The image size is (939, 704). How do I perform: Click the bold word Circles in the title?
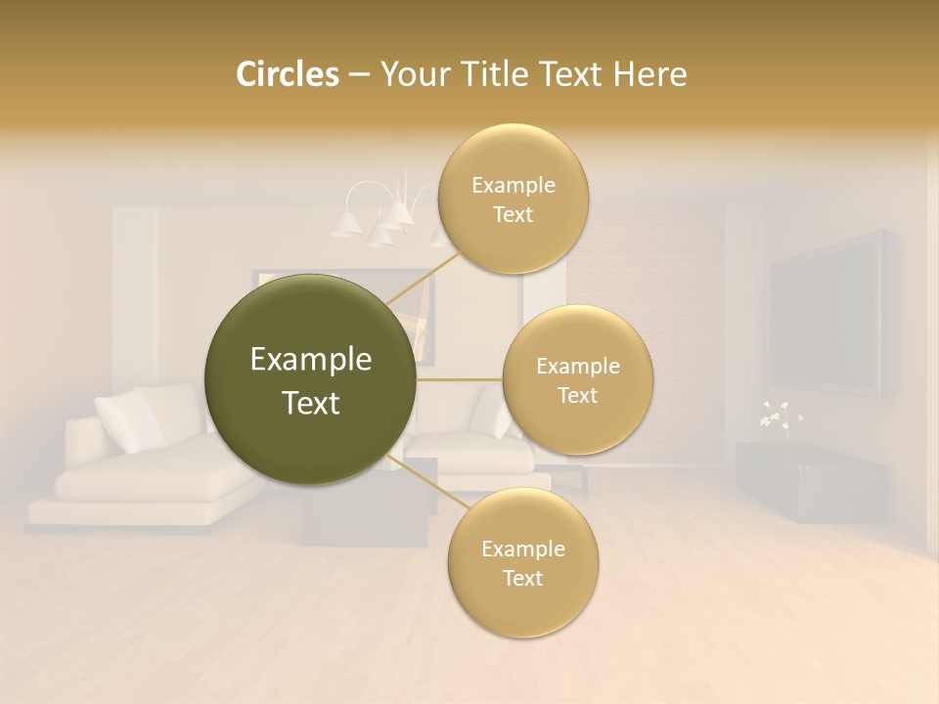tap(287, 74)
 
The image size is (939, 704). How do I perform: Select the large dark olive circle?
tap(310, 379)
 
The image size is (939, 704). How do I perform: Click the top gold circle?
tap(513, 198)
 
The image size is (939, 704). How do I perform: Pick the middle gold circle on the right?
tap(577, 379)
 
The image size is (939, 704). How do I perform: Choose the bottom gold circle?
tap(522, 562)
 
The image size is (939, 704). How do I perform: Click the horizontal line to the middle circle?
tap(460, 379)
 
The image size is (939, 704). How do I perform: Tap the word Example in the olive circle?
tap(310, 360)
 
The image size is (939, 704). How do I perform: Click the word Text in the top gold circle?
tap(513, 214)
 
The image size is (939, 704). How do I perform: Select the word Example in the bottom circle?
tap(522, 549)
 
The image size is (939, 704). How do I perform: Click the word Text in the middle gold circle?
tap(577, 395)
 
